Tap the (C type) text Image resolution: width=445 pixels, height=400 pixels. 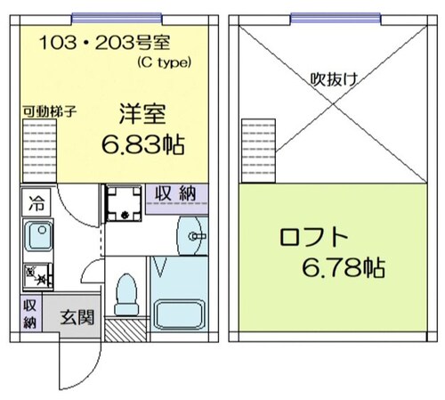tap(171, 62)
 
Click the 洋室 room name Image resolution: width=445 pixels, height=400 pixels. tap(143, 115)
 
